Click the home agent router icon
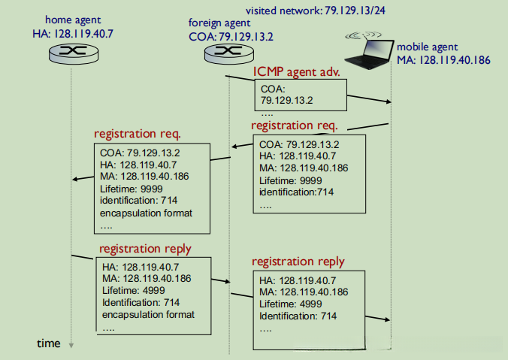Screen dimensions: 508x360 [74, 54]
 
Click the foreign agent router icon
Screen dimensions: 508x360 [229, 53]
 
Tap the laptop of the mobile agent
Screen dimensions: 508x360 [369, 54]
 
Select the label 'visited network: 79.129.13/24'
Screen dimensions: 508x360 [315, 11]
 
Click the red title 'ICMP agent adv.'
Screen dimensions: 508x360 [296, 71]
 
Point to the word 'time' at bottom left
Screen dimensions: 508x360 [49, 343]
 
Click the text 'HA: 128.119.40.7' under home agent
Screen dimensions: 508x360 [73, 34]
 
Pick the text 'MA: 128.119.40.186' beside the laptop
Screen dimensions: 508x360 [443, 60]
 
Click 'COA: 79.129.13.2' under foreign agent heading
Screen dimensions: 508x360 [231, 37]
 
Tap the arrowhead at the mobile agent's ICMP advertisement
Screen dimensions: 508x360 [389, 101]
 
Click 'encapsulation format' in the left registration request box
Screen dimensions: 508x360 [146, 213]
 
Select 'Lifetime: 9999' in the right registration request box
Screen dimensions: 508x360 [291, 180]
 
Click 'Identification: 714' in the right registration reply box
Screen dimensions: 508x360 [298, 316]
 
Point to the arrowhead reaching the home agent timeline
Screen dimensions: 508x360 [75, 179]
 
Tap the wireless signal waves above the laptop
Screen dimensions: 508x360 [364, 35]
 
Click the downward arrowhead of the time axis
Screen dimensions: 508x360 [71, 346]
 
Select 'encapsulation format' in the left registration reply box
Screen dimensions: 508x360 [148, 315]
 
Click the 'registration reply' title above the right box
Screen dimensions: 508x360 [298, 262]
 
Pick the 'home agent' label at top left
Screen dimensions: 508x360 [73, 20]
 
